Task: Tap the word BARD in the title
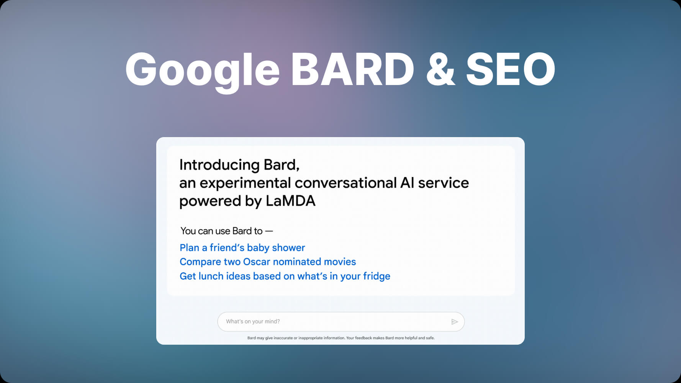click(x=353, y=69)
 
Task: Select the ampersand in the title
click(x=440, y=69)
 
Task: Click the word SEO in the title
click(x=511, y=69)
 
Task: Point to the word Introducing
click(x=219, y=165)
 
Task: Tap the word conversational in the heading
click(x=345, y=183)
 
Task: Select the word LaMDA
click(x=290, y=201)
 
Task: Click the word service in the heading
click(x=444, y=183)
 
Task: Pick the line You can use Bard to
click(x=226, y=231)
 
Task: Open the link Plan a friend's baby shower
click(x=242, y=248)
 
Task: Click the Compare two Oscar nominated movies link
click(x=268, y=262)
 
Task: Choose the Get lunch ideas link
click(x=285, y=277)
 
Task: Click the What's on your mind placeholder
click(x=253, y=322)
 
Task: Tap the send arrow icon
click(x=455, y=322)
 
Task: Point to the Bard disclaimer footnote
click(x=341, y=338)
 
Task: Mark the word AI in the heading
click(x=407, y=183)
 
